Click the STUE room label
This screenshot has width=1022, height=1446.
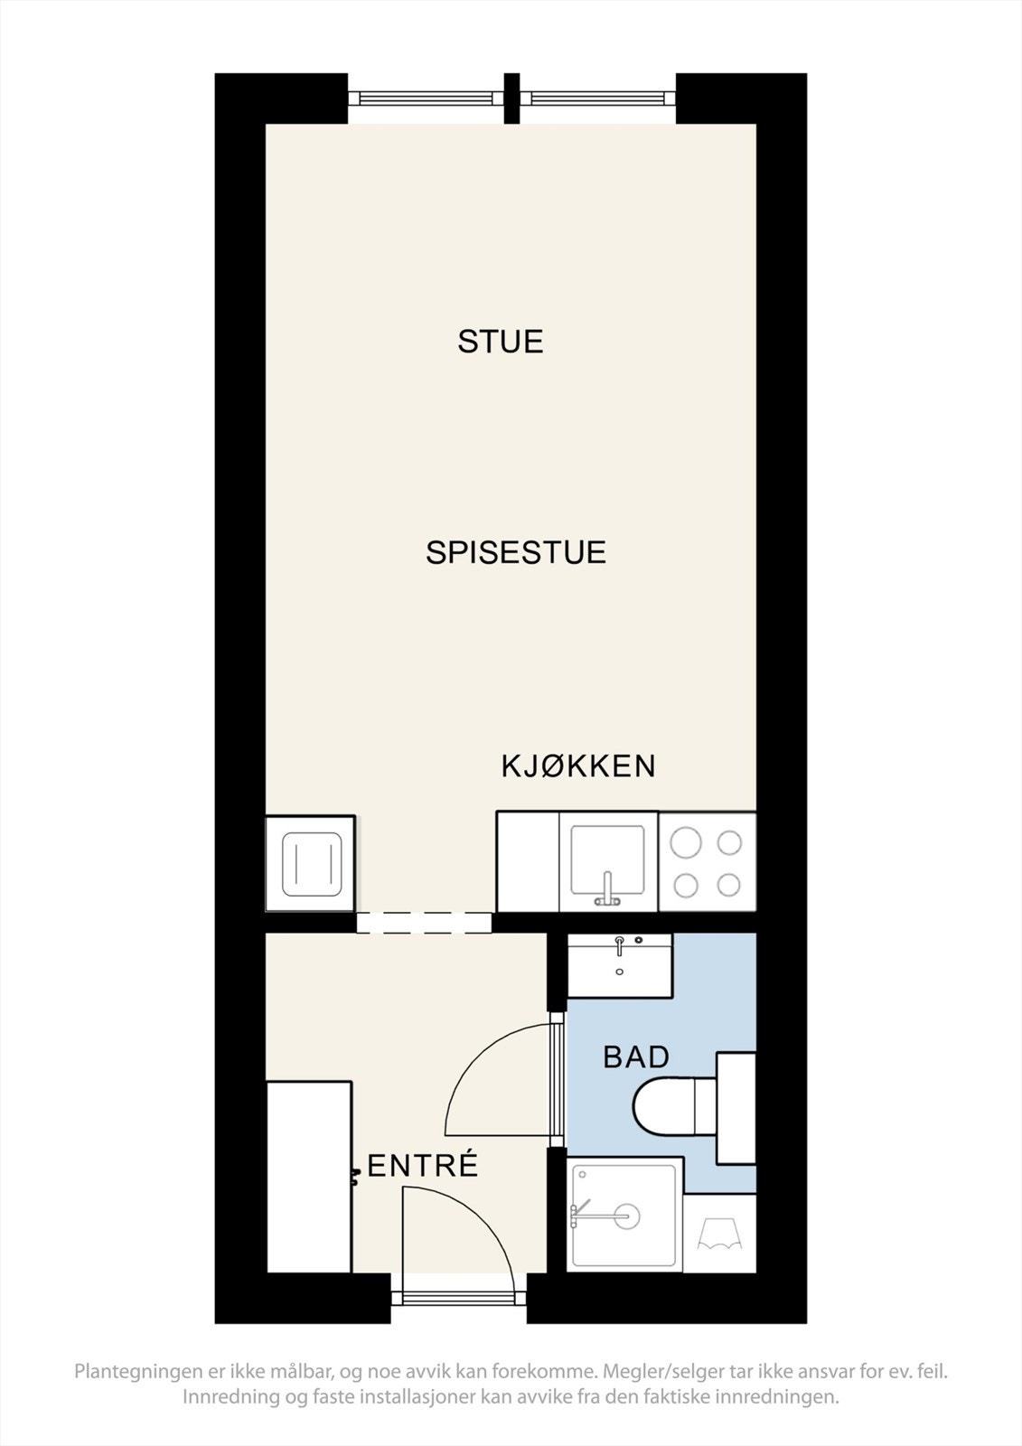pos(500,342)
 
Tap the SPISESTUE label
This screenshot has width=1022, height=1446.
pos(515,552)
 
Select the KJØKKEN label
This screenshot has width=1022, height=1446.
pos(578,766)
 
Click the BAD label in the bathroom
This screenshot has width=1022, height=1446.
pos(636,1056)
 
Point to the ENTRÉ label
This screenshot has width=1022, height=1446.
pos(423,1166)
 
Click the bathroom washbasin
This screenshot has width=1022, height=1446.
pos(620,966)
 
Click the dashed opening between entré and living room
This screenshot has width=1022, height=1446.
pos(423,922)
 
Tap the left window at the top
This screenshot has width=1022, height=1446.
pos(426,98)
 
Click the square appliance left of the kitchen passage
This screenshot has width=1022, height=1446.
pos(310,864)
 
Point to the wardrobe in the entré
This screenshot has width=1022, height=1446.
pos(309,1177)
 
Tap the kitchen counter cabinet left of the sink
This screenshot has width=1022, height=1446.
pos(528,862)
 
